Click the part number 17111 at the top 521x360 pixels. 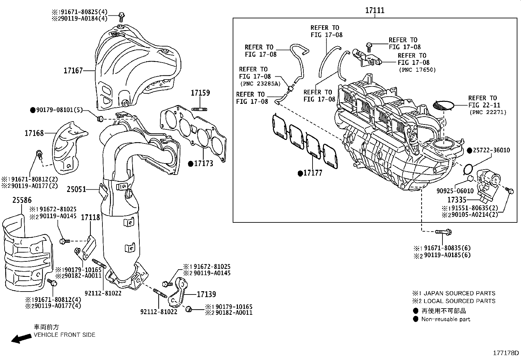(x=375, y=10)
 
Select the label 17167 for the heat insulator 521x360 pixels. (x=73, y=70)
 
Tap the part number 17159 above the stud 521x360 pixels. (x=200, y=93)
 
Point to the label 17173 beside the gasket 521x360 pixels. (x=203, y=163)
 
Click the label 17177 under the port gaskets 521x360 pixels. (x=313, y=173)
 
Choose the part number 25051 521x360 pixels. (x=76, y=189)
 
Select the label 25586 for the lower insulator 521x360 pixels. (x=22, y=200)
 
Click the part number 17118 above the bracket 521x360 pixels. (x=90, y=217)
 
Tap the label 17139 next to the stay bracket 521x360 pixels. (x=206, y=294)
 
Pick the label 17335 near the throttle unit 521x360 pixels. (x=457, y=199)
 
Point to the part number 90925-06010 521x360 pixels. (x=455, y=191)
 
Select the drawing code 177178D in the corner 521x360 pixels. (x=506, y=353)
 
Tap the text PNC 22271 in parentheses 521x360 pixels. (x=488, y=112)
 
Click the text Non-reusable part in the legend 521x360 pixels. (x=446, y=319)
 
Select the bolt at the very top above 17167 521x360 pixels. (x=122, y=15)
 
